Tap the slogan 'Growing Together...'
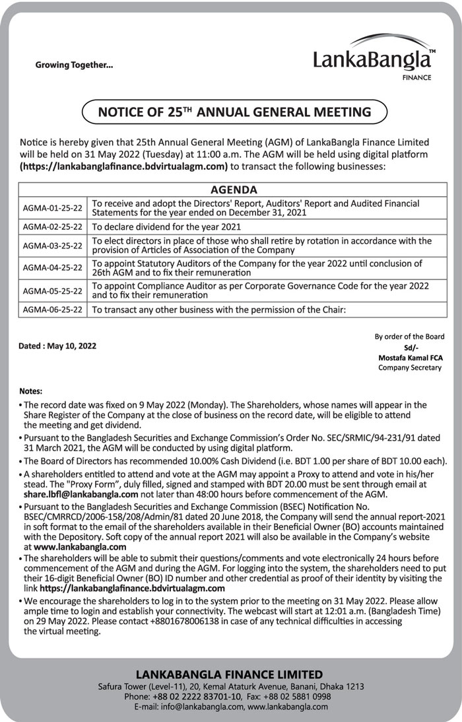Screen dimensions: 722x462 (74, 65)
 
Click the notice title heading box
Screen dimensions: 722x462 (234, 112)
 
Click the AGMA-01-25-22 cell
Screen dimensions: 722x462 (52, 208)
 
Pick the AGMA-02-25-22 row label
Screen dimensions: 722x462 (52, 227)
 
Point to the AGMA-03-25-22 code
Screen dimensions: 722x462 (52, 246)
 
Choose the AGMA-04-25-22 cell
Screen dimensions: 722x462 (52, 268)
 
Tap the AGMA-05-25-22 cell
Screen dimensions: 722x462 (52, 290)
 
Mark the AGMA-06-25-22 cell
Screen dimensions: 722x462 (52, 308)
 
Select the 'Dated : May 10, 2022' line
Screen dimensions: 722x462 (58, 345)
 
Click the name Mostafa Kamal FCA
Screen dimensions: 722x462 (410, 357)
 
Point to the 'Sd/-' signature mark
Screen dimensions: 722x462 (410, 347)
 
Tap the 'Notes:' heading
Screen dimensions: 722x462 (31, 390)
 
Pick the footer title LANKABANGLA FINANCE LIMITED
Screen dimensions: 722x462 (230, 674)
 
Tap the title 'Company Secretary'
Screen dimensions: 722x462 (410, 367)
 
